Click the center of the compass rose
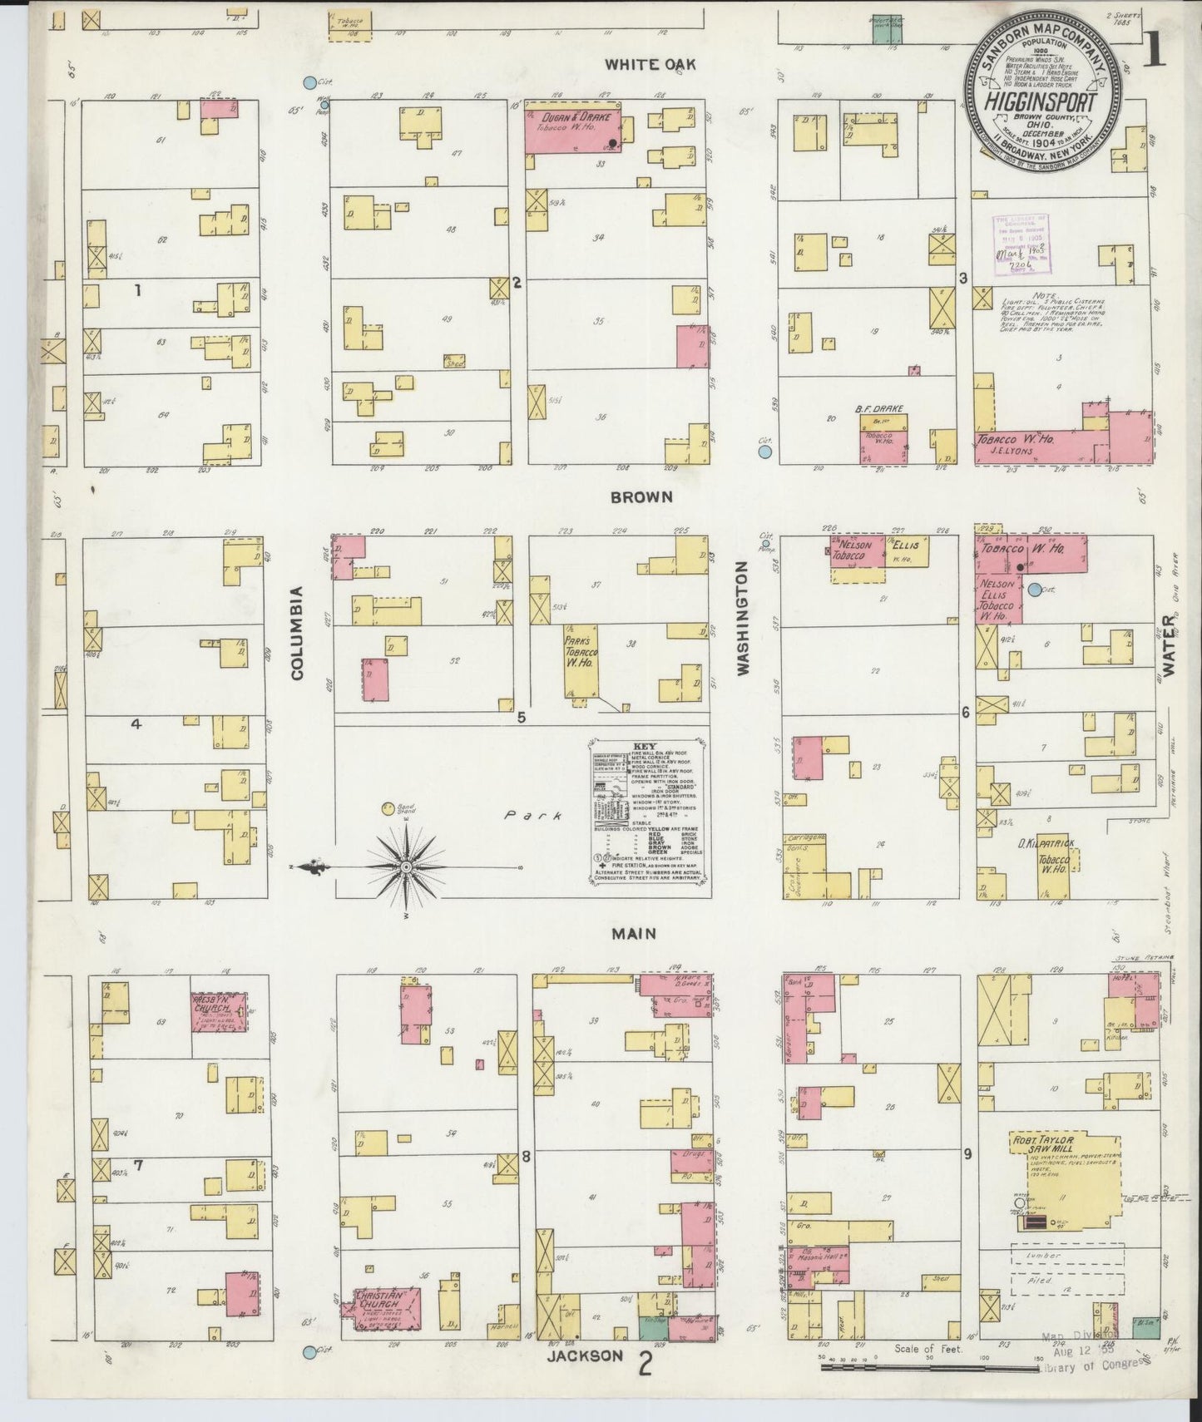tap(406, 867)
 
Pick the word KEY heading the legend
tap(646, 747)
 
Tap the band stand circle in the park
tap(388, 807)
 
